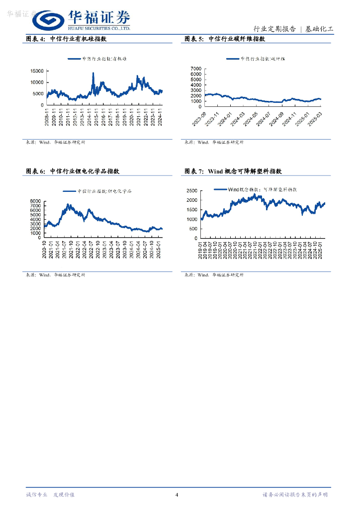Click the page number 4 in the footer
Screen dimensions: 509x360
click(177, 495)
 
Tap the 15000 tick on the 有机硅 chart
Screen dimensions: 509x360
click(36, 72)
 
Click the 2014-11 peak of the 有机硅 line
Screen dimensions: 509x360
click(93, 74)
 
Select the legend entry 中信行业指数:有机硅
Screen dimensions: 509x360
click(97, 59)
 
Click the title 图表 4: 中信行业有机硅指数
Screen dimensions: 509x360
click(66, 39)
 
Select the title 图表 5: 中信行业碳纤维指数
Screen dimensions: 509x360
click(224, 39)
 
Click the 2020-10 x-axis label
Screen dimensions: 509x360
click(45, 247)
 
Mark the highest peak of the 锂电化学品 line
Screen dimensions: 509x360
click(68, 204)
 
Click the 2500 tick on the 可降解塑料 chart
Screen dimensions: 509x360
click(192, 190)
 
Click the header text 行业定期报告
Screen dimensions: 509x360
click(274, 29)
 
